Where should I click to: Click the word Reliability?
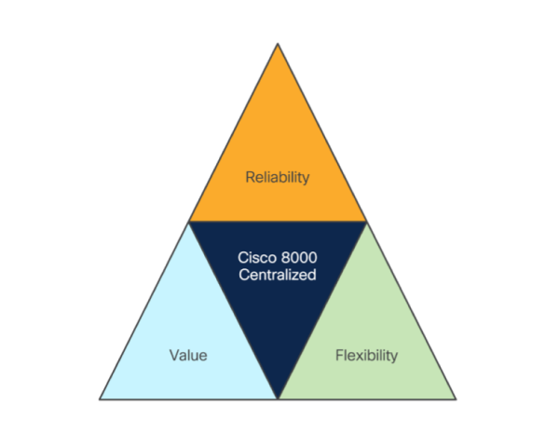click(277, 176)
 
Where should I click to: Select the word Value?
click(188, 355)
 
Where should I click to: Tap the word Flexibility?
click(366, 355)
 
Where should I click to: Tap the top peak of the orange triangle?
click(278, 44)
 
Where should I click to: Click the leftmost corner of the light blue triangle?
click(101, 399)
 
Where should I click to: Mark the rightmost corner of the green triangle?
click(455, 399)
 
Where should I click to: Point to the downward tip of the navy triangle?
click(278, 397)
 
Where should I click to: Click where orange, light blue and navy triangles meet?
click(189, 222)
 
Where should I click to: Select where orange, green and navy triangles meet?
click(366, 222)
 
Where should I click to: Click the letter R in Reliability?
click(250, 176)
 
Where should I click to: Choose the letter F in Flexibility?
click(338, 355)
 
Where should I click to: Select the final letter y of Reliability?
click(305, 178)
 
